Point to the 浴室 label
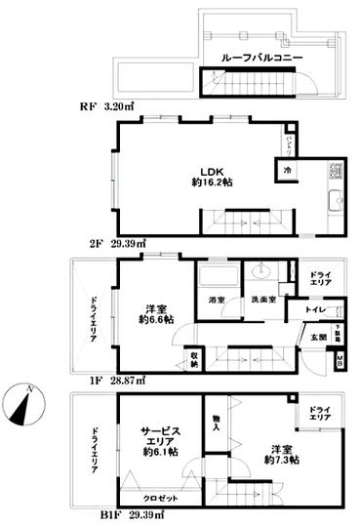[216, 298]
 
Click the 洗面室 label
[260, 298]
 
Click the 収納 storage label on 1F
[194, 358]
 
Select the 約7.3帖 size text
[280, 459]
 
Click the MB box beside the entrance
[340, 361]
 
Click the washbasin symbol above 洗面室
[262, 271]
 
